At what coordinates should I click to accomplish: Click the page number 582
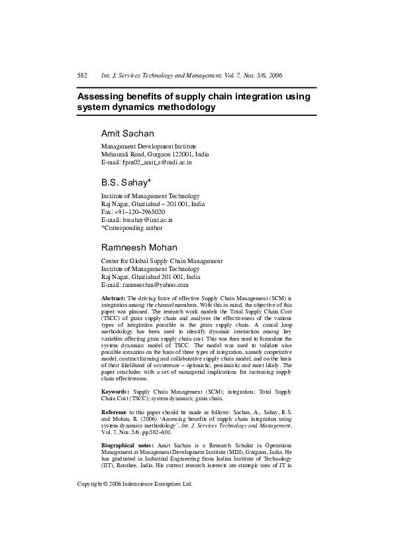click(83, 76)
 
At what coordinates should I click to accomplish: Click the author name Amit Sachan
click(127, 133)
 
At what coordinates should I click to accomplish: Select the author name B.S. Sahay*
click(126, 182)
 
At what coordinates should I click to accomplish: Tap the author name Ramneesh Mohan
click(139, 247)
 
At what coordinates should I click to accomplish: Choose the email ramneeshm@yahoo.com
click(144, 285)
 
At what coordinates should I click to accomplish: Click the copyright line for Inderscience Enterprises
click(134, 484)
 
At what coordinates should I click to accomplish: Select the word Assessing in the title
click(103, 96)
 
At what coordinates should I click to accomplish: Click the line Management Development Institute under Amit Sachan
click(148, 146)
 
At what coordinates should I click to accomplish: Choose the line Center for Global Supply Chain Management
click(161, 261)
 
